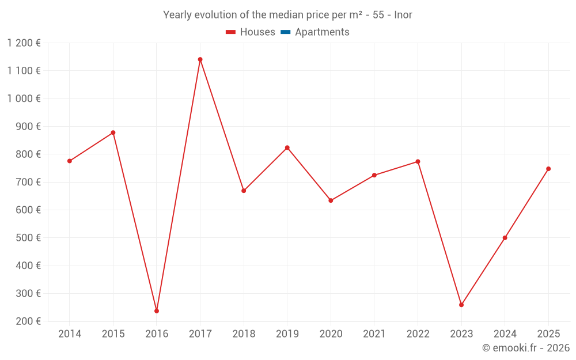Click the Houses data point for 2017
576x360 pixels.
(200, 59)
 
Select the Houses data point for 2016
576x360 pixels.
(157, 311)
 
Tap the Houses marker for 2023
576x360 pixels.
(461, 305)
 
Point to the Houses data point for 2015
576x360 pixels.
(113, 132)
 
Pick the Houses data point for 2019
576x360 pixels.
(287, 147)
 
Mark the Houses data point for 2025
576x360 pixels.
(548, 169)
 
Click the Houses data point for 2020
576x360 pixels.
(331, 200)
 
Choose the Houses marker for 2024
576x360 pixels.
(505, 238)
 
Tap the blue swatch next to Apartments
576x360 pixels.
(285, 32)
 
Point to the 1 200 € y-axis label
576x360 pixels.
(24, 43)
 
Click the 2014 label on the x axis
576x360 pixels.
(70, 334)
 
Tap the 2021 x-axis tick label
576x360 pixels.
(374, 334)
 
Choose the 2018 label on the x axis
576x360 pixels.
(244, 334)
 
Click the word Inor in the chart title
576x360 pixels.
(403, 15)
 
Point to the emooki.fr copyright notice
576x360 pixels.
(525, 348)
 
